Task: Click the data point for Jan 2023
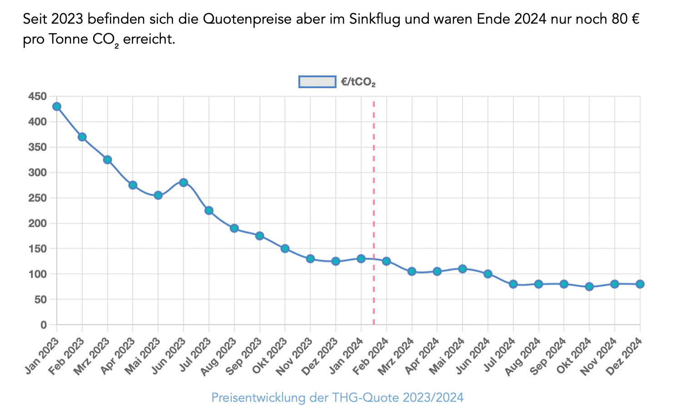click(x=57, y=107)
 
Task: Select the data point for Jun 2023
click(x=184, y=183)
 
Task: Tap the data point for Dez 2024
click(x=640, y=284)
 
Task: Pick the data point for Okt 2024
click(x=589, y=287)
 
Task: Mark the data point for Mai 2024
click(x=462, y=269)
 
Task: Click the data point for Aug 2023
click(x=234, y=228)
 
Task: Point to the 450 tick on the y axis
click(x=37, y=96)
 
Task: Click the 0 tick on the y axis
click(x=44, y=325)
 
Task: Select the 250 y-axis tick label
click(x=37, y=198)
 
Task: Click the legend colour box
click(x=317, y=82)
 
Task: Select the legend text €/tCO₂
click(x=358, y=82)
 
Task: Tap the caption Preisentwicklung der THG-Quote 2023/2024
click(x=338, y=398)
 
